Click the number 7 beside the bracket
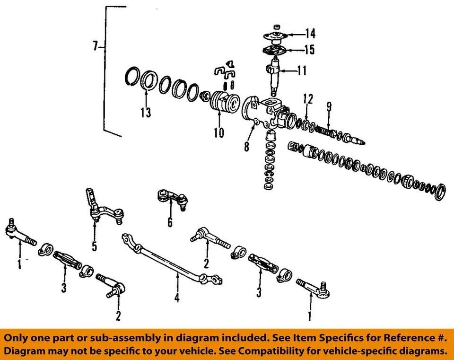pos(96,46)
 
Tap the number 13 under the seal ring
pos(146,112)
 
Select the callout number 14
pos(310,34)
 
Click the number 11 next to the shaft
pos(301,71)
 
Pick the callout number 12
pos(308,99)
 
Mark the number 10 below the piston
pos(218,133)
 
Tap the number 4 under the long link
pos(177,298)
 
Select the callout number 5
pos(94,246)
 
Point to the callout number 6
pos(170,222)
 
